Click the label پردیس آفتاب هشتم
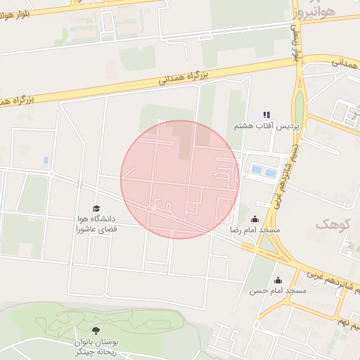click(x=262, y=126)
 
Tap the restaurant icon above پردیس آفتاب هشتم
click(x=266, y=115)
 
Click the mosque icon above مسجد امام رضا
click(x=255, y=219)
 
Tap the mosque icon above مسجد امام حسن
click(x=278, y=280)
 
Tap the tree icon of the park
click(x=96, y=329)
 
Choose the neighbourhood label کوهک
click(x=332, y=224)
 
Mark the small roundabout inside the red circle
click(x=150, y=209)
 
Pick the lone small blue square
click(x=46, y=160)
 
